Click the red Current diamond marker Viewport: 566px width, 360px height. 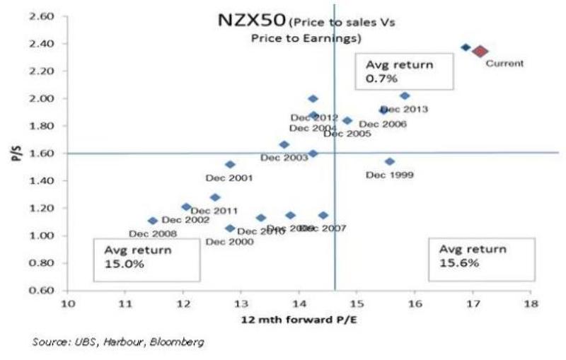[480, 51]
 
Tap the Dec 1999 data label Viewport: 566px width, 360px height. [390, 175]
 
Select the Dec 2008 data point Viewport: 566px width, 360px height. [152, 221]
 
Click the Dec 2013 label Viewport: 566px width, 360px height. [404, 109]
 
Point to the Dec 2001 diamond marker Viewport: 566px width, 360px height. [230, 164]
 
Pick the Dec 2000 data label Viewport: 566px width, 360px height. [229, 242]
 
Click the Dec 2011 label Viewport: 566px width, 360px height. [214, 211]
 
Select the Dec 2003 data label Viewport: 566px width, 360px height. [284, 157]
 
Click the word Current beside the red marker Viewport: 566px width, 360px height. [504, 64]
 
